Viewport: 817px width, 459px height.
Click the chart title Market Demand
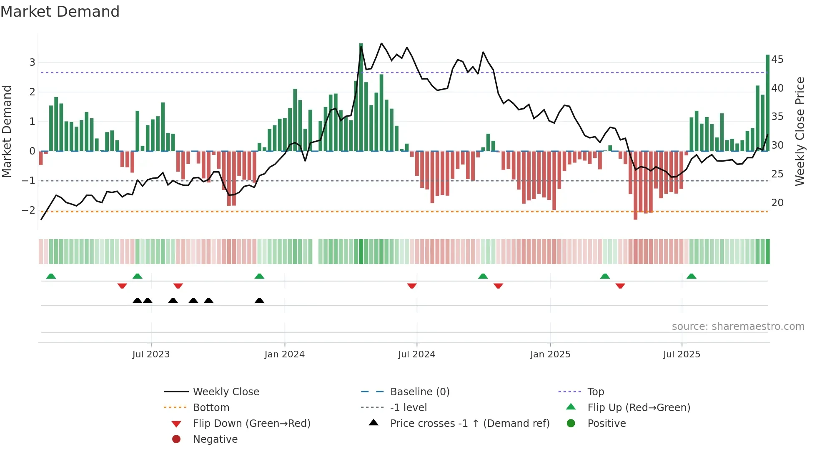(60, 12)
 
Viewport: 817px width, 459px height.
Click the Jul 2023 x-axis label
(151, 354)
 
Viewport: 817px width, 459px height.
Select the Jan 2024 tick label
(284, 354)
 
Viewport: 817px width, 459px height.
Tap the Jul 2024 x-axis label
(416, 354)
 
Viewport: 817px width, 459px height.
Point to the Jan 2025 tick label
(550, 354)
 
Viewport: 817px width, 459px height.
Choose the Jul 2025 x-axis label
(682, 354)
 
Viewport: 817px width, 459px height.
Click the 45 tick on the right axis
(777, 60)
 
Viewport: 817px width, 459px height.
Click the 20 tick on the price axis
(777, 203)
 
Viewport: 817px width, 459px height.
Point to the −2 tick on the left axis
(28, 210)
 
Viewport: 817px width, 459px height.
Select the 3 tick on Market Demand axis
(32, 62)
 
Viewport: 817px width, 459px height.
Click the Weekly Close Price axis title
(799, 131)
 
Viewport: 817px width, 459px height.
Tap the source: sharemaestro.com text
(738, 327)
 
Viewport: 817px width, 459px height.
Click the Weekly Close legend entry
(226, 392)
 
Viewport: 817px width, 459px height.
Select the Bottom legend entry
(211, 408)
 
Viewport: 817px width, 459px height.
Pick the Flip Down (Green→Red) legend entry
(251, 424)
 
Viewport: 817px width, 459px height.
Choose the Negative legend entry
(215, 439)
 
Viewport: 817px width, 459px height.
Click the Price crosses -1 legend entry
(469, 424)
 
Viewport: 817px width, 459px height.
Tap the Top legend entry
(595, 392)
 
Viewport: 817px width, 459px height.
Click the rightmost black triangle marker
(259, 301)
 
